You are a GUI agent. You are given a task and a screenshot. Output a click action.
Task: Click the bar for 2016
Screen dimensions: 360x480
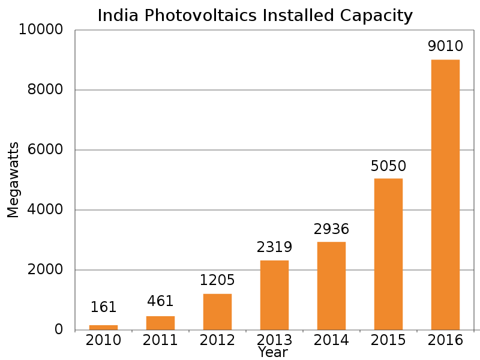(445, 194)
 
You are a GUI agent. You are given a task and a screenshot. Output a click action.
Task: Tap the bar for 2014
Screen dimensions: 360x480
(331, 286)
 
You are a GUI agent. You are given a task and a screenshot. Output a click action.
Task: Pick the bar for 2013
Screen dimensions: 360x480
(274, 295)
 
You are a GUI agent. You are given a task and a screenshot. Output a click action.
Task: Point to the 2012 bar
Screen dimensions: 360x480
(217, 311)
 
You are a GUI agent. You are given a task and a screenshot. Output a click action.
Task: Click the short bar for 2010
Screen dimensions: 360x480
(103, 327)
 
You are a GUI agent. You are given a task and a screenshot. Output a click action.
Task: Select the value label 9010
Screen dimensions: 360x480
(445, 46)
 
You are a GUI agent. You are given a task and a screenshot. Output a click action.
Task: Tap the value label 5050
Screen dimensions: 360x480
(388, 165)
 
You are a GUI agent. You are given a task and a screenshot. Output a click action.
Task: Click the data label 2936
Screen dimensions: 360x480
(331, 229)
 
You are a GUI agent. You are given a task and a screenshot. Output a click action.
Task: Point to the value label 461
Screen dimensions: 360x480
(160, 302)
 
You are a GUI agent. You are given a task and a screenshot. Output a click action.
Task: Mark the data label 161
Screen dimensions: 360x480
(103, 308)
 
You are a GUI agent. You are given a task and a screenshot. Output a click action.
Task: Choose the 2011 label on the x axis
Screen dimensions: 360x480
(160, 340)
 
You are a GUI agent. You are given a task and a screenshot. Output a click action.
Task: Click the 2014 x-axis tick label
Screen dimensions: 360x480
(331, 340)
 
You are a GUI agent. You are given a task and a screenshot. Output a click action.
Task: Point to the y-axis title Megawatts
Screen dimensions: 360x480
(13, 180)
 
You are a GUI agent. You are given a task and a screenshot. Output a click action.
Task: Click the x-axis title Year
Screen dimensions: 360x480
(273, 353)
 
